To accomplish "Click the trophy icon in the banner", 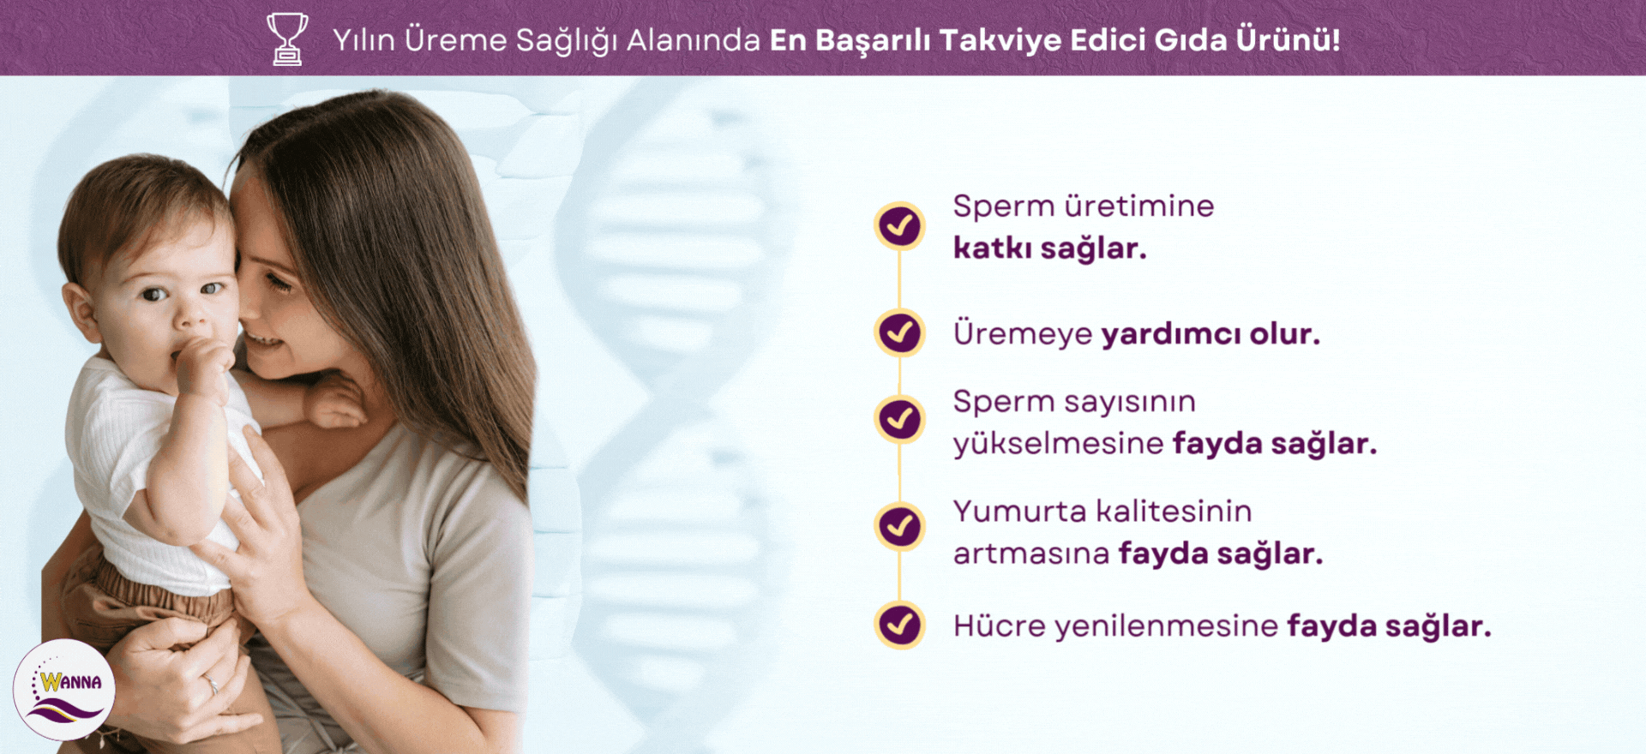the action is tap(287, 39).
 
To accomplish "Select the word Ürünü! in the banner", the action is tap(1288, 39).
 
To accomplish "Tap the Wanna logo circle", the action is tap(64, 690).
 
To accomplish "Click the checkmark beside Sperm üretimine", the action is tap(899, 226).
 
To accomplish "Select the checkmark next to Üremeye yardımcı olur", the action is tap(899, 332).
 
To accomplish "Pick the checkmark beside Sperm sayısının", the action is tap(899, 419).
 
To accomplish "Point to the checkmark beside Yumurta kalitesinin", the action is tap(899, 526).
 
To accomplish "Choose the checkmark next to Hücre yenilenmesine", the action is tap(899, 625).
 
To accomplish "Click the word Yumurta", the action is tap(1020, 512).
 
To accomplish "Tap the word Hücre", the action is tap(1000, 625).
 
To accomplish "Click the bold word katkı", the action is tap(992, 248).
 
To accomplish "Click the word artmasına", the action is tap(1031, 554).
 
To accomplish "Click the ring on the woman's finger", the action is tap(211, 685).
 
